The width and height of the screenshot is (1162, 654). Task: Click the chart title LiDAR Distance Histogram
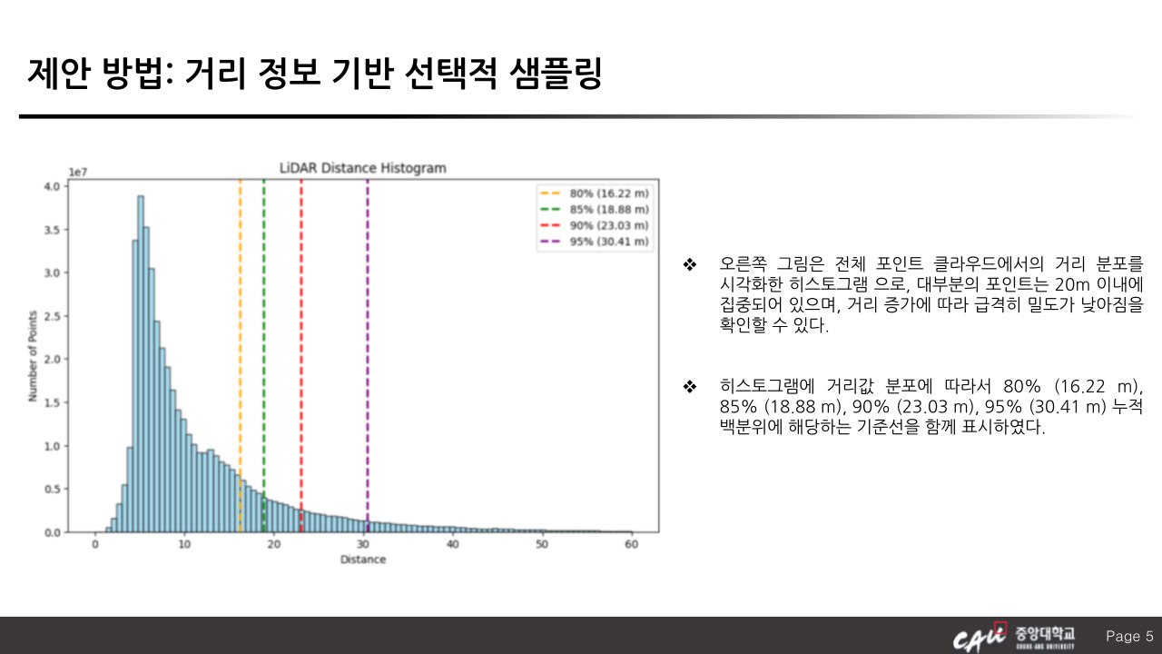[362, 168]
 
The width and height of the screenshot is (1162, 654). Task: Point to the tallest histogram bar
[141, 364]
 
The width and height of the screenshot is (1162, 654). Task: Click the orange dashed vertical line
[241, 355]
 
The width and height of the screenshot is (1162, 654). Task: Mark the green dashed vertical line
[263, 355]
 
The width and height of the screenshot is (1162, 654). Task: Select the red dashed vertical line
[300, 355]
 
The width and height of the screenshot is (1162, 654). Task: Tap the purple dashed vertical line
[368, 355]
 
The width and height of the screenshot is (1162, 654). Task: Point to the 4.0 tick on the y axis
[53, 186]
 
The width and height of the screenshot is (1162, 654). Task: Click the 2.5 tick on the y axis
[53, 316]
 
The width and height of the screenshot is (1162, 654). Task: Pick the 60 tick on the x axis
[631, 544]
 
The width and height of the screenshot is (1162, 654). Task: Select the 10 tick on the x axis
[184, 544]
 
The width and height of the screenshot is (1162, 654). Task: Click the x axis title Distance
[363, 560]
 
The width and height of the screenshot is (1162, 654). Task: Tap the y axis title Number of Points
[33, 356]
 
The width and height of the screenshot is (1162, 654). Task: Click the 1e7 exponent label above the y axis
[78, 173]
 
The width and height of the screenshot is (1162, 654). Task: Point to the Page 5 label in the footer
[1129, 636]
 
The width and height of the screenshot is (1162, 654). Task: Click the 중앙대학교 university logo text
[1045, 634]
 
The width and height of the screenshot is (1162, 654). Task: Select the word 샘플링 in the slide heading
[556, 74]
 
